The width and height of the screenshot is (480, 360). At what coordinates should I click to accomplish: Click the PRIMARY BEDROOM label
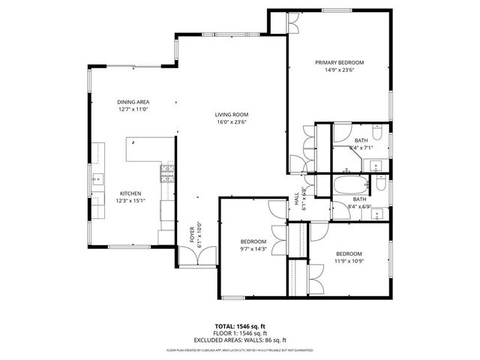(x=339, y=63)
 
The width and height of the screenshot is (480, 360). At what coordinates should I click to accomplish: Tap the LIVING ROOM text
(x=232, y=114)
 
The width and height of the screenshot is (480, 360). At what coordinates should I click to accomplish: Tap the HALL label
(x=296, y=199)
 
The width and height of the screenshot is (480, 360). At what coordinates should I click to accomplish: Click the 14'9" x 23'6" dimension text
(x=339, y=71)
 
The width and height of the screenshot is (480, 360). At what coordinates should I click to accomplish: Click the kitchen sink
(x=97, y=180)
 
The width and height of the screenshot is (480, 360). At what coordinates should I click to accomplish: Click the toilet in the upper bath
(x=379, y=135)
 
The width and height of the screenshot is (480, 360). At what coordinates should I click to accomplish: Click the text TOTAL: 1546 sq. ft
(x=239, y=326)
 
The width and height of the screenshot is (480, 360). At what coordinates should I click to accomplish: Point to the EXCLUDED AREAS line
(x=239, y=340)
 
